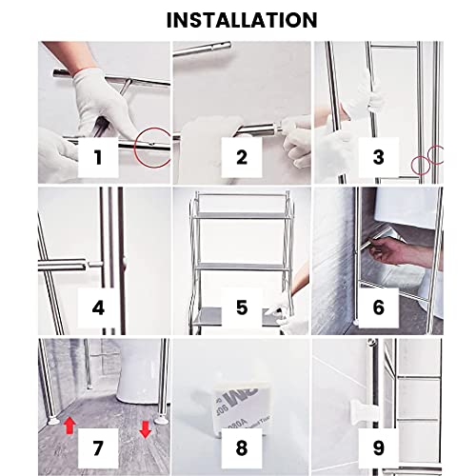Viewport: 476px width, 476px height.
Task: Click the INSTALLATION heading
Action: [238, 19]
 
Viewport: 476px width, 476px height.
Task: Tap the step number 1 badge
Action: [105, 158]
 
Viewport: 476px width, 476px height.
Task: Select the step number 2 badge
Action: [241, 158]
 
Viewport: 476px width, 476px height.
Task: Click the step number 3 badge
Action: [378, 158]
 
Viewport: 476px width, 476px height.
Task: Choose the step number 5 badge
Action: [241, 308]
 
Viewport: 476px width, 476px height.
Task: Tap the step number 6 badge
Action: [378, 308]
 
